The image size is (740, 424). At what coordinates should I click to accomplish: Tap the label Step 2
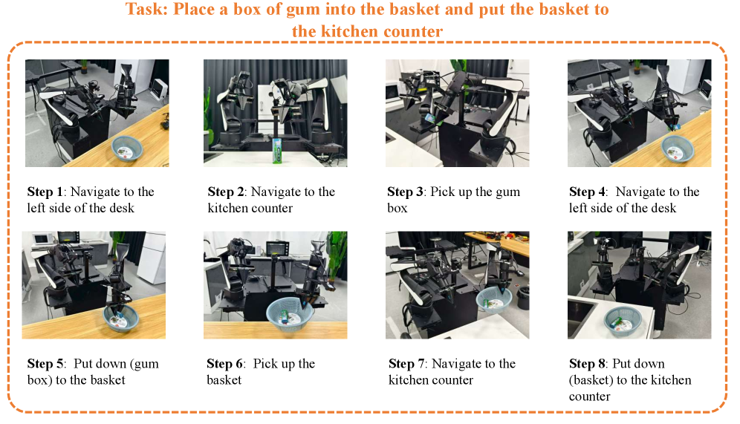point(226,192)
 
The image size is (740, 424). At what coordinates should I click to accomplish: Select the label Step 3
point(405,192)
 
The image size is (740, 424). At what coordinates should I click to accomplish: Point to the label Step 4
point(587,192)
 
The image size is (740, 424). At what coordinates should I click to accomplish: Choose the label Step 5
point(45,364)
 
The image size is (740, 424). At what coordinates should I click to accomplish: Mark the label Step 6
point(224,364)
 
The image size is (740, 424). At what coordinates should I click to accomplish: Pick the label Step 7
point(407,364)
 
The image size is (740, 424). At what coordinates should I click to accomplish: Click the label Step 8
point(587,364)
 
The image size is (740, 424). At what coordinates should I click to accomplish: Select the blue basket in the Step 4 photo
point(678,148)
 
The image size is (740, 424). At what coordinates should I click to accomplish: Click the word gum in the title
point(302,10)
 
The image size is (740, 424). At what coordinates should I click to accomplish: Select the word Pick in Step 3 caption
point(442,192)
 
